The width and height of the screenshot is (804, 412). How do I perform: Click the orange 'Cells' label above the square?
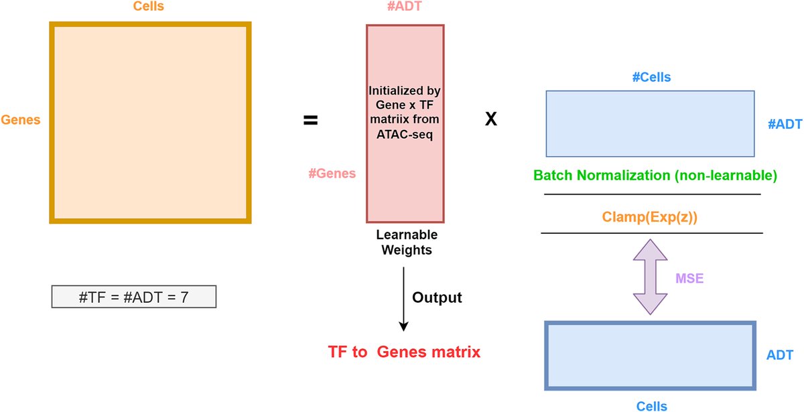pos(150,7)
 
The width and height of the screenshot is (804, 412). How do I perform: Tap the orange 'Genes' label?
pos(21,121)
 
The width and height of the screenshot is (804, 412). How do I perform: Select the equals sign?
pos(310,121)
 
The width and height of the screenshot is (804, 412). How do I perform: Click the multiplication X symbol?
pos(491,119)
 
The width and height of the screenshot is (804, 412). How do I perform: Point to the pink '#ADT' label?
pos(405,7)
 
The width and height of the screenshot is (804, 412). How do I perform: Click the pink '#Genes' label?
pos(332,174)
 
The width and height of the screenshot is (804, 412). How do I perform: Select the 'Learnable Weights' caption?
pos(407,243)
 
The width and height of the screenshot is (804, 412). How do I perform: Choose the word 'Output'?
pos(437,297)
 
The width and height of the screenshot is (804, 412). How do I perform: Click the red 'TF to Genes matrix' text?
pos(404,352)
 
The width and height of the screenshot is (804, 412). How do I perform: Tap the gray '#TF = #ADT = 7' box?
pos(134,296)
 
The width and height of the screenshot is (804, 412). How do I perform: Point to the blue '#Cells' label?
pos(651,78)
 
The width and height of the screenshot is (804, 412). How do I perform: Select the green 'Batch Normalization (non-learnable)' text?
pos(655,176)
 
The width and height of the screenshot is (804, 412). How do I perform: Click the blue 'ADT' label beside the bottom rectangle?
pos(780,354)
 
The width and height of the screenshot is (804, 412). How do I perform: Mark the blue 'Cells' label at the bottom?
pos(651,405)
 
